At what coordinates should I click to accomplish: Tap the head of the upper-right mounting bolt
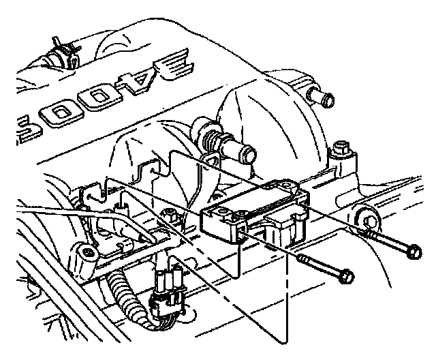[x=411, y=252]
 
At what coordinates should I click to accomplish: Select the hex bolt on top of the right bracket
[x=341, y=148]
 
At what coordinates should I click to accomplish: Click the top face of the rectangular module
[x=253, y=202]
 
